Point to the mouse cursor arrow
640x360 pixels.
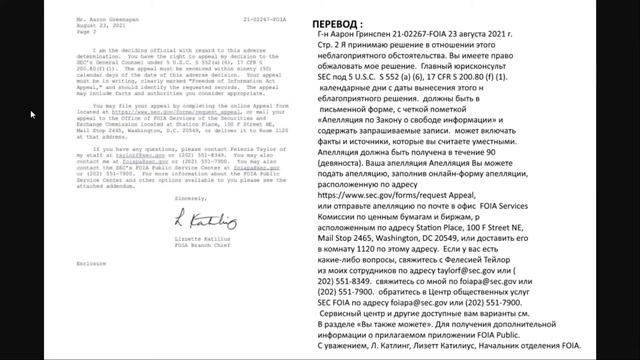pos(32,115)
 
